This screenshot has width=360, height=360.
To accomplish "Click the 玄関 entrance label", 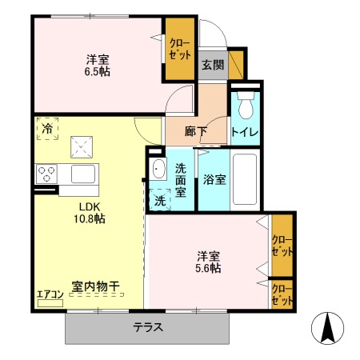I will [x=211, y=65].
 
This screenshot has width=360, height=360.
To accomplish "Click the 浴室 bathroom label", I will [x=214, y=180].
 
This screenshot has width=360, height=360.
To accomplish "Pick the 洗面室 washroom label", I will [x=182, y=180].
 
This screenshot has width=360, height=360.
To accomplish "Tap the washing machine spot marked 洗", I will [x=159, y=200].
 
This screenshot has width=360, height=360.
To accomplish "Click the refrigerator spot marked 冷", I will [x=47, y=128].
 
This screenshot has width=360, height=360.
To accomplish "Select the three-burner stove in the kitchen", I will [x=46, y=174].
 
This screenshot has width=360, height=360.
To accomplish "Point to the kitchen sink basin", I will [x=82, y=174].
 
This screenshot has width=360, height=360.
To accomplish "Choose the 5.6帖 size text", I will [x=210, y=268].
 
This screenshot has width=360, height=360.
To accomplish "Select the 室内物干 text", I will [x=95, y=286].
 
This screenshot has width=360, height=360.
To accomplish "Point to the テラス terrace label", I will [x=148, y=326].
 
